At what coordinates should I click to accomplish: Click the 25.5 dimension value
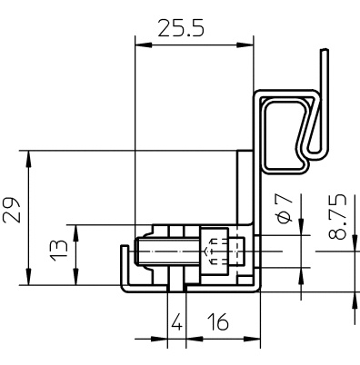click(x=181, y=28)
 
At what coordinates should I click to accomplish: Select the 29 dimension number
click(x=12, y=210)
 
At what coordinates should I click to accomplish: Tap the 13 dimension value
click(x=58, y=251)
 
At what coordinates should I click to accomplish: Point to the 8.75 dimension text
click(x=337, y=217)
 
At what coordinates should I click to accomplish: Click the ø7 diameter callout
click(x=285, y=209)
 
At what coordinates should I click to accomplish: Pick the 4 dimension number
click(x=176, y=321)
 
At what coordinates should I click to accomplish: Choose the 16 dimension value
click(x=217, y=321)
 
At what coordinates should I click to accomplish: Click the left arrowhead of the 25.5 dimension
click(x=144, y=45)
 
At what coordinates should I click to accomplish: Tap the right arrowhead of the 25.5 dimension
click(x=245, y=45)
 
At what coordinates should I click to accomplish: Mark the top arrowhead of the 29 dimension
click(x=28, y=159)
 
